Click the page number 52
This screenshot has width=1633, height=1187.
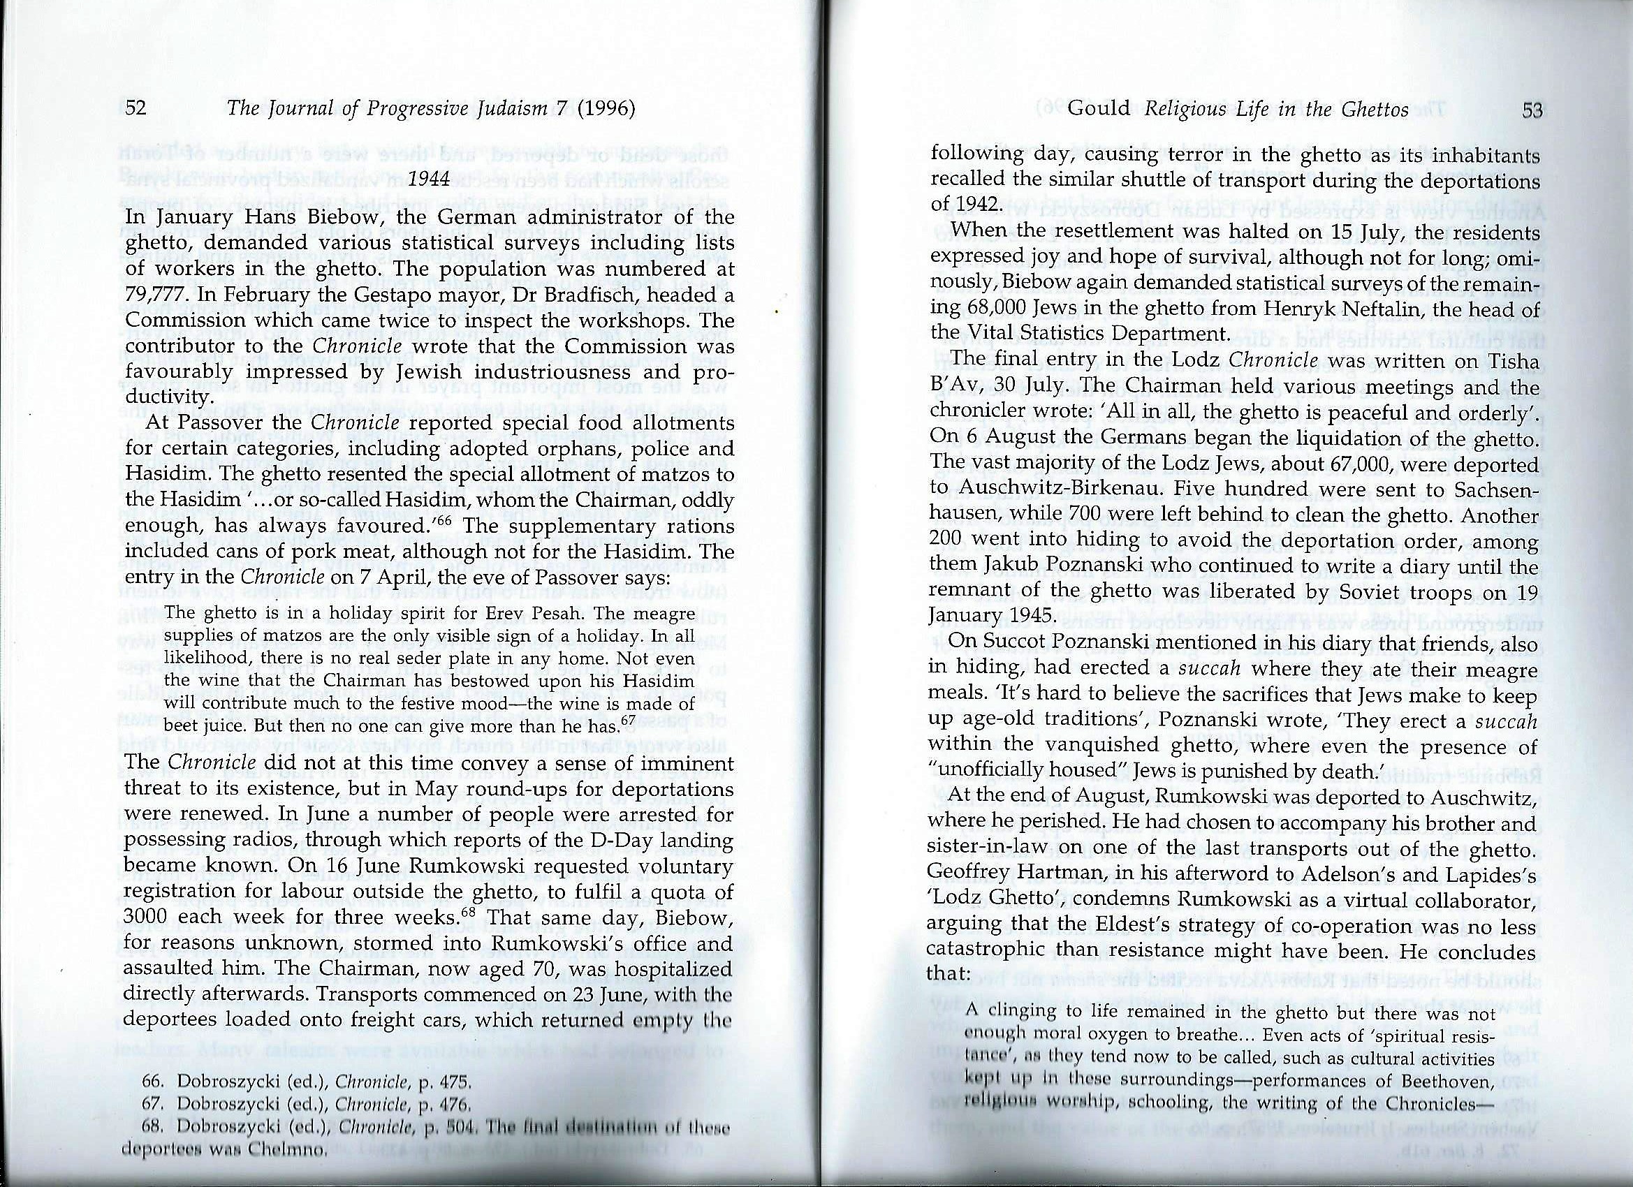pos(136,109)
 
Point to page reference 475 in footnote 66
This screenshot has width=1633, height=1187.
pos(457,1081)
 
